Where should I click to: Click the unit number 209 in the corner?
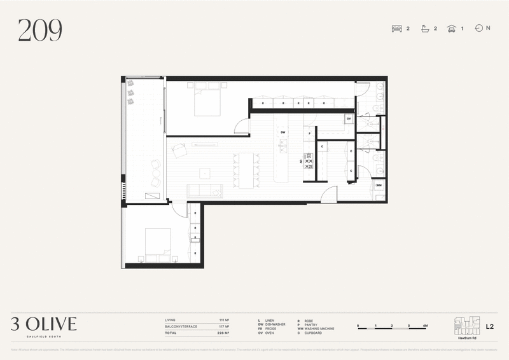click(x=39, y=31)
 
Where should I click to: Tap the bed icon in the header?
click(x=397, y=29)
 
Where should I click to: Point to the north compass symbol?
click(x=479, y=28)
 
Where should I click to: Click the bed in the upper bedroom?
click(x=207, y=103)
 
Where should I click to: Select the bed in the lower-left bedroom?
click(x=158, y=246)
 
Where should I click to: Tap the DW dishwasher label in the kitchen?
click(x=282, y=132)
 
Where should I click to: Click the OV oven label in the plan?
click(x=349, y=118)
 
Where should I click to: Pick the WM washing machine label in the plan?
click(x=379, y=185)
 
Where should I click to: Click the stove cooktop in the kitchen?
click(x=309, y=162)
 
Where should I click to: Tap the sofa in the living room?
click(x=204, y=191)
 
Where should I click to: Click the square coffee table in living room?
click(x=204, y=172)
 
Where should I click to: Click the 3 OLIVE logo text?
click(x=43, y=324)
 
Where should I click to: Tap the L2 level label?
click(x=490, y=327)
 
